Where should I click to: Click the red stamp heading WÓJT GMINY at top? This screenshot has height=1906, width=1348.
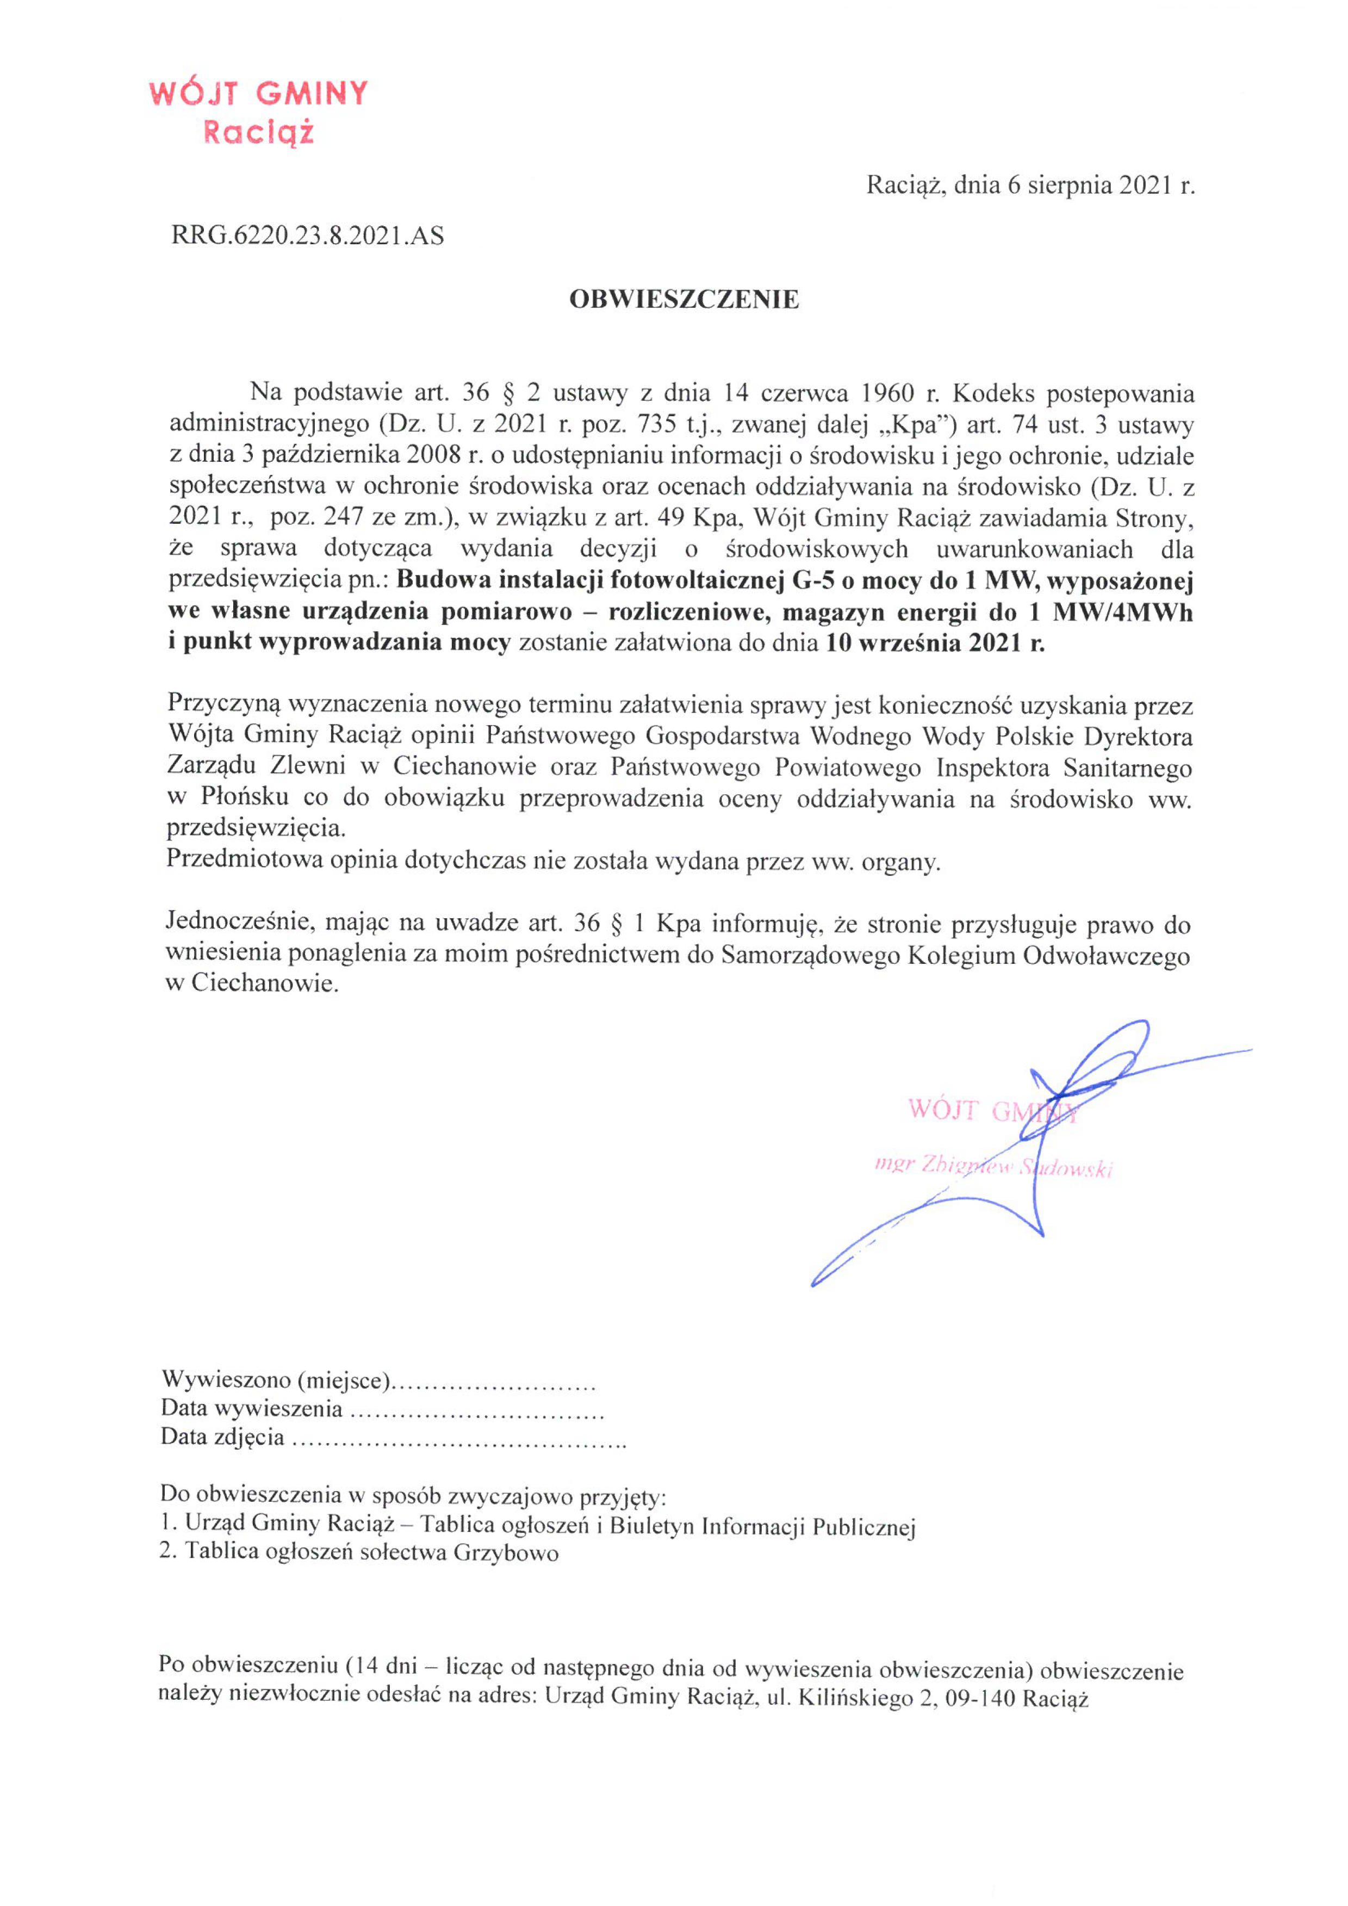pyautogui.click(x=258, y=94)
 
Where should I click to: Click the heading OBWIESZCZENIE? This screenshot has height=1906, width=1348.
pyautogui.click(x=684, y=300)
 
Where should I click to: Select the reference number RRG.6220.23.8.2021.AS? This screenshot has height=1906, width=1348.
pyautogui.click(x=307, y=237)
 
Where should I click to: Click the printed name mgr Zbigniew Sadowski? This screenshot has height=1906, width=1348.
pyautogui.click(x=993, y=1166)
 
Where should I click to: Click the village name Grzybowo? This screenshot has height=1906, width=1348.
pyautogui.click(x=506, y=1553)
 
